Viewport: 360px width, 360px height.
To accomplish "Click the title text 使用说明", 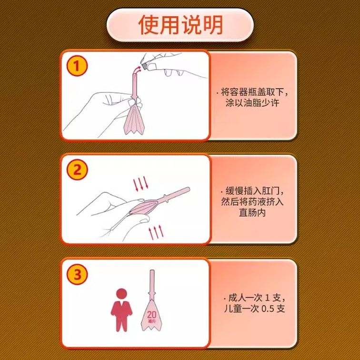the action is point(180,25).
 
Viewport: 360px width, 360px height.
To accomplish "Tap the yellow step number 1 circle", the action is point(77,66).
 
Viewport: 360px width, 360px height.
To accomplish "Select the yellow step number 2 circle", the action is point(77,170).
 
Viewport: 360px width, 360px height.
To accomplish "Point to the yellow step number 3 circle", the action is point(77,274).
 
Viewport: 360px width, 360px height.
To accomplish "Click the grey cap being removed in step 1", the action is point(144,66).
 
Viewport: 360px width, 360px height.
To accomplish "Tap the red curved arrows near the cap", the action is point(138,70).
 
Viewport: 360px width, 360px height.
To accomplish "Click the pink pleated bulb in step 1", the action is point(134,120).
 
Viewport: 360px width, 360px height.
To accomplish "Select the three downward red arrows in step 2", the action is point(140,184).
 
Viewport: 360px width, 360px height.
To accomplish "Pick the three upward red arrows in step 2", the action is point(156,232).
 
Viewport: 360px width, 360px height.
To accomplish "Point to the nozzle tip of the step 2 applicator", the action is point(189,190).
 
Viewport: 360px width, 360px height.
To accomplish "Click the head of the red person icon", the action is point(121,294).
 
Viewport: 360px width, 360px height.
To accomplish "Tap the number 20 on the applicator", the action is point(151,314).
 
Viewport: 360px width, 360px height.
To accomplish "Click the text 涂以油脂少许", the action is point(252,103).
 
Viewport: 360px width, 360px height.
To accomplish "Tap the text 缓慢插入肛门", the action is point(252,191).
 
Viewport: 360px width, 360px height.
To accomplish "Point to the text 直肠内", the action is point(252,212).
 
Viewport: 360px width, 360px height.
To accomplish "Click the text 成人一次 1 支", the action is point(254,298).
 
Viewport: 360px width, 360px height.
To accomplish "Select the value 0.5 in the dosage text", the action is point(268,309).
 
